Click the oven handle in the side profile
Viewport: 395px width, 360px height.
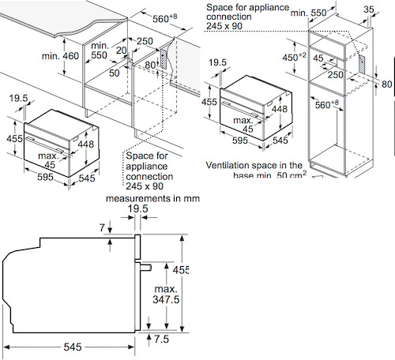pos(145,267)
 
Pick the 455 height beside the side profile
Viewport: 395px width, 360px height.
pos(185,269)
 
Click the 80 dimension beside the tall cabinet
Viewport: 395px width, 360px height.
pos(386,84)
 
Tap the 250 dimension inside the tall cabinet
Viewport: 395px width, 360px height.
pos(337,74)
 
